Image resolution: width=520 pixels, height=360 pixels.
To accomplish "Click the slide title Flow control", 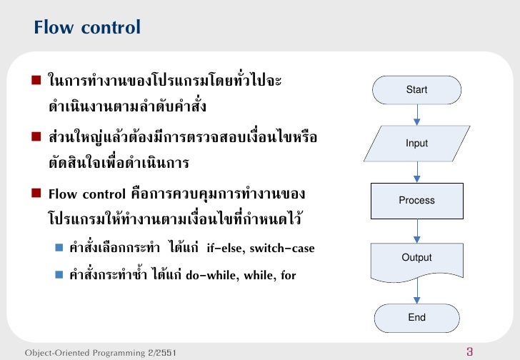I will click(87, 28).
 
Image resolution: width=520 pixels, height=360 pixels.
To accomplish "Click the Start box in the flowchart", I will click(416, 90).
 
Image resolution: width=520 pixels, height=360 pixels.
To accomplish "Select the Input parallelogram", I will click(416, 144).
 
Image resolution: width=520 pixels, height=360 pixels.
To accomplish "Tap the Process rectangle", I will click(416, 201).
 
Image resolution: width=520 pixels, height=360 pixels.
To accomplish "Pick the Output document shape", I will click(416, 258).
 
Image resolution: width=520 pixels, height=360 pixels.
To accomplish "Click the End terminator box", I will click(416, 318).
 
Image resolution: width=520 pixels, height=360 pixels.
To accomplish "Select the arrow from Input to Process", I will click(416, 171).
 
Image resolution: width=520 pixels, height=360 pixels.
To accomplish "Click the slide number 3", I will click(469, 351).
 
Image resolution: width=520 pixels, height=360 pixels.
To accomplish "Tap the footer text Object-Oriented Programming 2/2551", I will click(101, 353).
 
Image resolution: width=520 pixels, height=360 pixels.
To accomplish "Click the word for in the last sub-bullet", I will click(289, 276).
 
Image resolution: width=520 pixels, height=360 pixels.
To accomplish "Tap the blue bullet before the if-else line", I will click(60, 249).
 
